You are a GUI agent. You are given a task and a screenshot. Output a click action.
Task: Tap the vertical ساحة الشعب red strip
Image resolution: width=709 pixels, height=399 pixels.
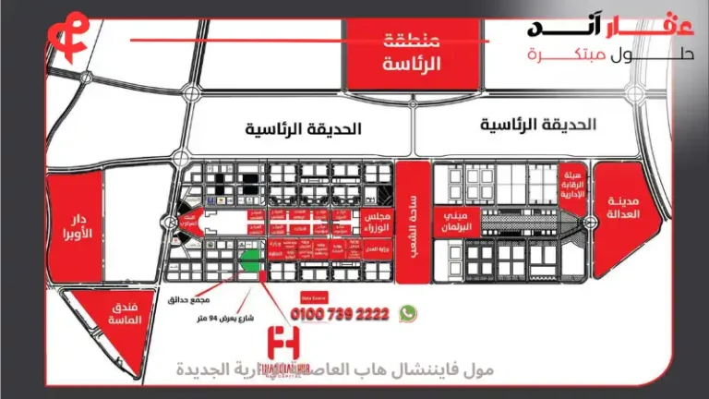[412, 222]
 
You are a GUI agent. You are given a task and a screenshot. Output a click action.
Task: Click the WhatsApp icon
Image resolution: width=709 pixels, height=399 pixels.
[407, 314]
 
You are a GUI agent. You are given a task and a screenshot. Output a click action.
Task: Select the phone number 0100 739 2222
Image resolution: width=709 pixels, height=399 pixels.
[340, 314]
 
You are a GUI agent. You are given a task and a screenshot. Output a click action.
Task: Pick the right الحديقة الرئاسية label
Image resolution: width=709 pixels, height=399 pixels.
[538, 124]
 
